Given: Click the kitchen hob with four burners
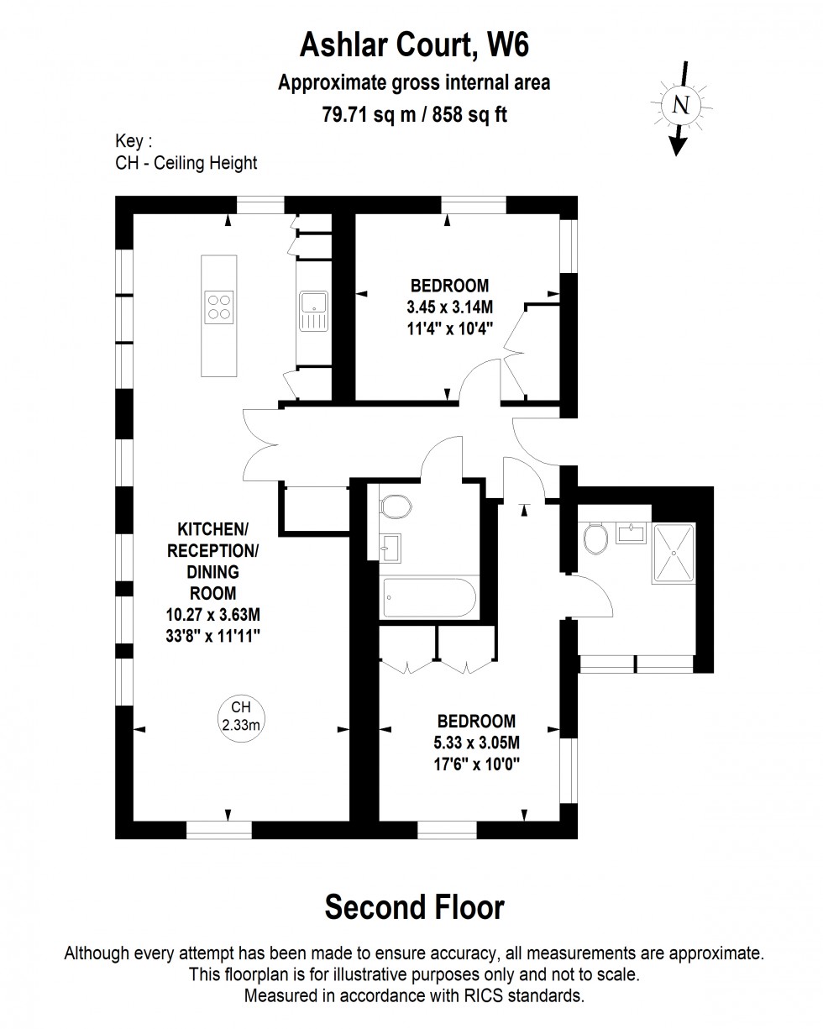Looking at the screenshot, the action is click(219, 307).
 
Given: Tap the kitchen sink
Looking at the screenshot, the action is click(314, 312).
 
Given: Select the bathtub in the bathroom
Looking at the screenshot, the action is click(429, 598).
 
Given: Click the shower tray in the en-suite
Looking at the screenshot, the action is click(674, 554).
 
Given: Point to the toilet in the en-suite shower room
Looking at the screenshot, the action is click(595, 538).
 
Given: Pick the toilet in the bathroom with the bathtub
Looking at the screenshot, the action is click(396, 507).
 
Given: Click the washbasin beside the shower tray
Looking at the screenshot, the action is click(631, 533).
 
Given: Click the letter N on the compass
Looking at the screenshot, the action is click(680, 104).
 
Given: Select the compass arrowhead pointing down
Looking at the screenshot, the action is click(677, 146).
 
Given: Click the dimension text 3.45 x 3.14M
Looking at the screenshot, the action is click(449, 307).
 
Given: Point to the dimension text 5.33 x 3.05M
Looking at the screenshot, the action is click(476, 743).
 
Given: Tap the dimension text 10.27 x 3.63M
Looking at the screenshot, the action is click(213, 614).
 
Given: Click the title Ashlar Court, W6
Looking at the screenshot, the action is click(415, 45).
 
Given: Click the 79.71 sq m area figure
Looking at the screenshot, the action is click(370, 115).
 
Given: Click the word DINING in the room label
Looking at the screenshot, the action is click(212, 571).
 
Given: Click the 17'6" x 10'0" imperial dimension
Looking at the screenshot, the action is click(476, 764).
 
